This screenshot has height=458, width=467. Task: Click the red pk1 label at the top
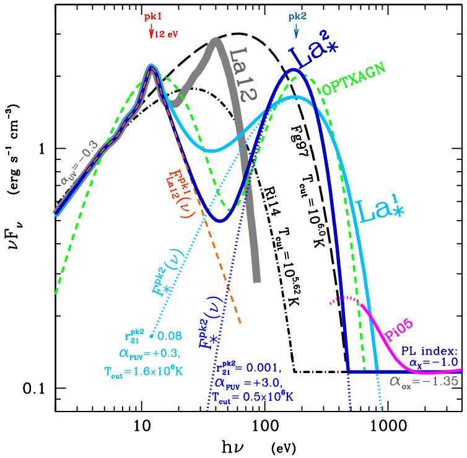pyautogui.click(x=152, y=18)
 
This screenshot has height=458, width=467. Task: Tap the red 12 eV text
pyautogui.click(x=167, y=33)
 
